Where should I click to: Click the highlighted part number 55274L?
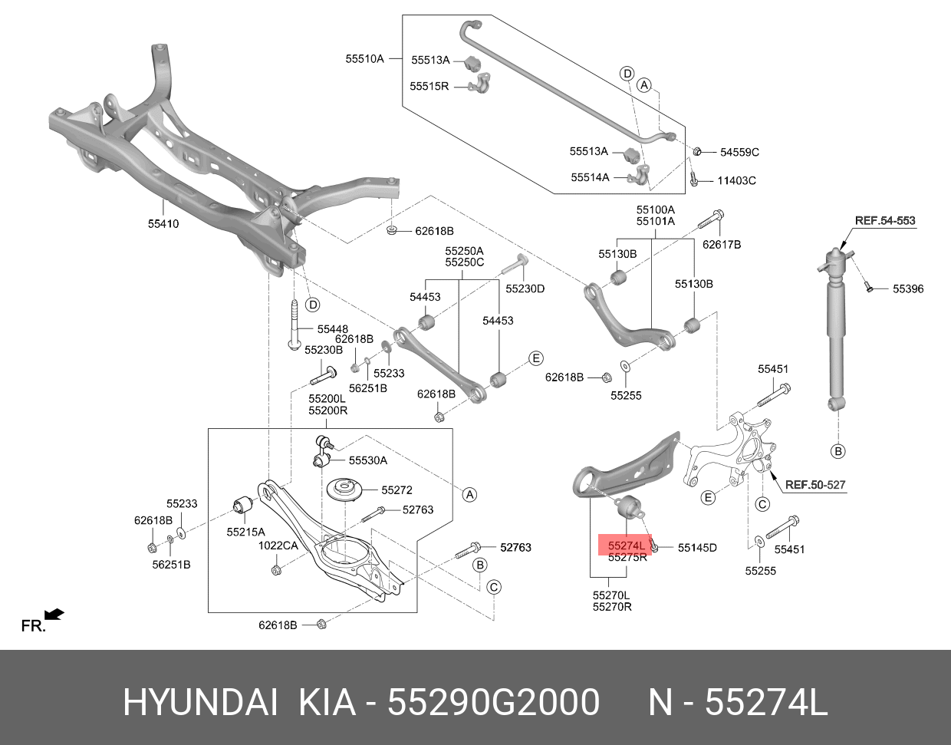626,546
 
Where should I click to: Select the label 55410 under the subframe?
163,225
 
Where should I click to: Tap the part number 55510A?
364,58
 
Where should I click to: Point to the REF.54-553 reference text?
885,221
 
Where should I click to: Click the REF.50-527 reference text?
814,485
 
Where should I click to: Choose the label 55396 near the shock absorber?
907,289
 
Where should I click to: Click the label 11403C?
736,181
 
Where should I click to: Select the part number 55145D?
696,548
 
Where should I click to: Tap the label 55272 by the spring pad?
397,490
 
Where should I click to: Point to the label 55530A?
367,461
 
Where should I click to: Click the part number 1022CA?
277,546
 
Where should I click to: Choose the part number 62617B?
722,245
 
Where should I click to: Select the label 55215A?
245,531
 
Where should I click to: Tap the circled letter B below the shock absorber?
838,451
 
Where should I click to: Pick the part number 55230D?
525,288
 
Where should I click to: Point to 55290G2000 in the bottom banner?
493,703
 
